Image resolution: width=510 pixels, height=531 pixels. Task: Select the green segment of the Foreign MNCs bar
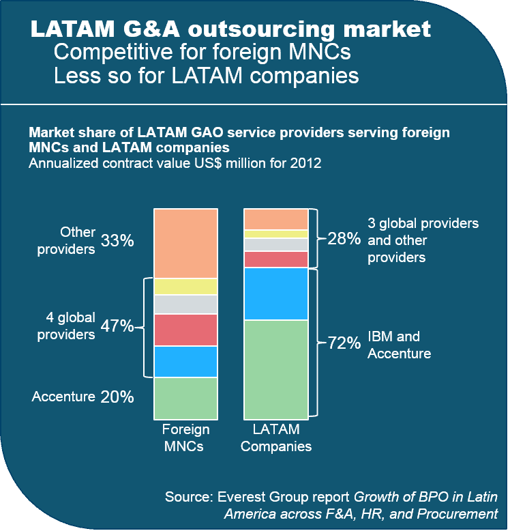pyautogui.click(x=185, y=397)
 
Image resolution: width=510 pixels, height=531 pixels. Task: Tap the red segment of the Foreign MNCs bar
pyautogui.click(x=185, y=330)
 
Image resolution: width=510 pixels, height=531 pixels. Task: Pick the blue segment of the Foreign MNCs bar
pyautogui.click(x=185, y=361)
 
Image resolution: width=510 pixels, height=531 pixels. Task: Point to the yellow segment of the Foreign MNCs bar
pyautogui.click(x=185, y=287)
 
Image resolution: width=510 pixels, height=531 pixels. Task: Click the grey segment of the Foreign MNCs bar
pyautogui.click(x=185, y=304)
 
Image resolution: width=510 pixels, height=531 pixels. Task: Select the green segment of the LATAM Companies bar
pyautogui.click(x=276, y=369)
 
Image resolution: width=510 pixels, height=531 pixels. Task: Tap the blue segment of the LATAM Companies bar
pyautogui.click(x=276, y=293)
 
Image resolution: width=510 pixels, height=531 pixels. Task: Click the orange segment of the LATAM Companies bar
pyautogui.click(x=276, y=219)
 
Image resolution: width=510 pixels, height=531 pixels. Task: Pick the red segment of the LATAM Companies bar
pyautogui.click(x=276, y=259)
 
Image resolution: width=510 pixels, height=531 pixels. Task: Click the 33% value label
pyautogui.click(x=117, y=241)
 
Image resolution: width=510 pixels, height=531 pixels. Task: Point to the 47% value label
pyautogui.click(x=117, y=326)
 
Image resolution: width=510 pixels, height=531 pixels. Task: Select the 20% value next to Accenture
pyautogui.click(x=117, y=397)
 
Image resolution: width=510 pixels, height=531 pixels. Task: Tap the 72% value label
pyautogui.click(x=344, y=343)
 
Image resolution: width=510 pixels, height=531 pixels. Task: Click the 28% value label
pyautogui.click(x=344, y=239)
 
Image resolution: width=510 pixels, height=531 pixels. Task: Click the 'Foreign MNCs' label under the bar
pyautogui.click(x=185, y=438)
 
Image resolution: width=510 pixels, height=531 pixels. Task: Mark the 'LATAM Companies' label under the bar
pyautogui.click(x=276, y=438)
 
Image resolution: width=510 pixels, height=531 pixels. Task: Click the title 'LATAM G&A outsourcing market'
pyautogui.click(x=230, y=29)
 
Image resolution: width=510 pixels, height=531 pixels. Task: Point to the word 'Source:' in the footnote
pyautogui.click(x=188, y=497)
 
